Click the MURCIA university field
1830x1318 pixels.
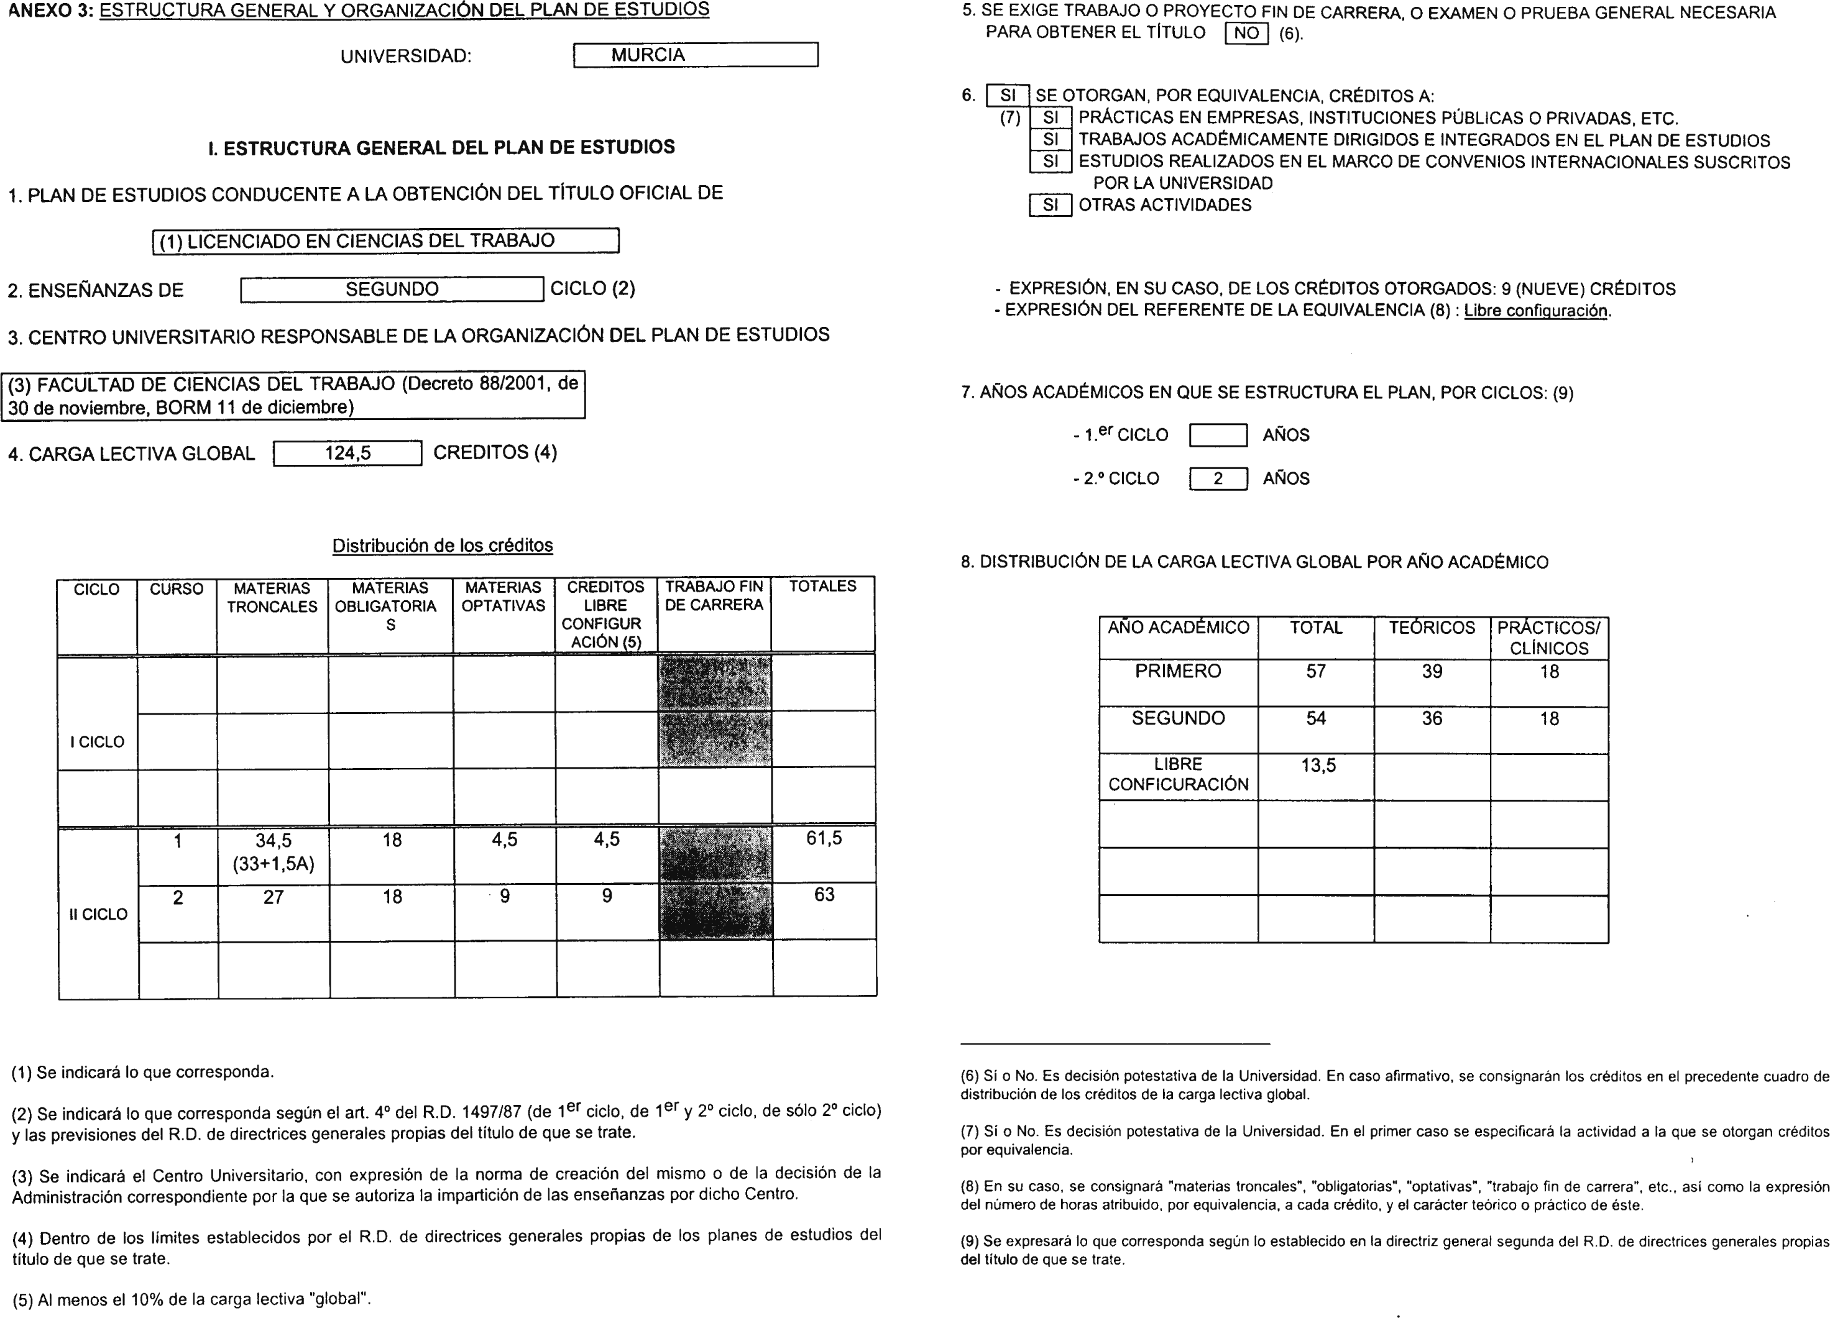(695, 55)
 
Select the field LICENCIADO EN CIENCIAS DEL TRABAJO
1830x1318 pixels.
(385, 241)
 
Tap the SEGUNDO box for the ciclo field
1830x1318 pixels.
(392, 289)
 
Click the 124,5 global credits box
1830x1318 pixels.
(347, 453)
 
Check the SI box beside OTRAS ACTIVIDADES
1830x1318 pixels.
(1050, 205)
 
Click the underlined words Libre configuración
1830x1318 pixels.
(1535, 311)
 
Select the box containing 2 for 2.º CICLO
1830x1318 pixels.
(1218, 478)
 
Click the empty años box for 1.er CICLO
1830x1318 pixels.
(1218, 436)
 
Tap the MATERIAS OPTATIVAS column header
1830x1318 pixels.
(503, 597)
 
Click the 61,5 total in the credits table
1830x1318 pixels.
(823, 839)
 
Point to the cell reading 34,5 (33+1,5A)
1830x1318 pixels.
(273, 852)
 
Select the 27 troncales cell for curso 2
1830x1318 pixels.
(273, 897)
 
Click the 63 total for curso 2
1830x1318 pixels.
(824, 895)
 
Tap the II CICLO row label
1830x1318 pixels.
(98, 914)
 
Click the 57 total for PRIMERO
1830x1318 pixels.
(1315, 671)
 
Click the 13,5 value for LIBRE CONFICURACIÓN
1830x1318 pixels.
(1318, 765)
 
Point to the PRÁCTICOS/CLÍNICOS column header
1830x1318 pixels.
(1548, 637)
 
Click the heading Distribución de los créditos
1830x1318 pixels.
(442, 545)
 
